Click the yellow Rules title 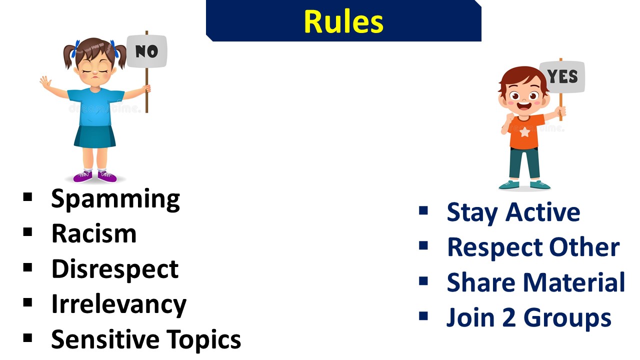coord(343,21)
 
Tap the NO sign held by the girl coord(146,51)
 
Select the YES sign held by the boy coord(562,76)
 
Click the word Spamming coord(115,199)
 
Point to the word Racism coord(94,233)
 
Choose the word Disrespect coord(115,269)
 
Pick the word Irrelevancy coord(119,304)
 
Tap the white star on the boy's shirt coord(524,132)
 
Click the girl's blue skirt coord(95,136)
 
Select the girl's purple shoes coord(95,176)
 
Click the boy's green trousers coord(524,163)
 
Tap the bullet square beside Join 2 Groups coord(423,315)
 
